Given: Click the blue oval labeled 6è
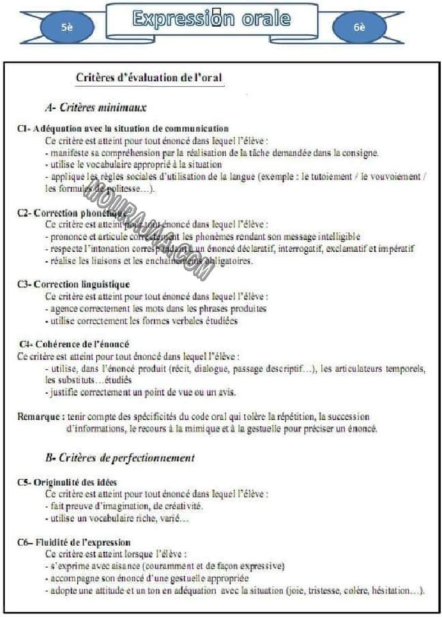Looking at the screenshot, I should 359,27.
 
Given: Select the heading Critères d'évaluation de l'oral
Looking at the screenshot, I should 150,78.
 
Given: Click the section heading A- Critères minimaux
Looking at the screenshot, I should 96,107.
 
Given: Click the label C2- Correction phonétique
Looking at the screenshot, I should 72,213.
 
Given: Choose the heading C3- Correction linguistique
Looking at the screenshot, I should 74,284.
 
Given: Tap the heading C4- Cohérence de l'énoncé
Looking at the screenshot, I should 74,344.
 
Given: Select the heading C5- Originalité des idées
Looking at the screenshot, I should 68,482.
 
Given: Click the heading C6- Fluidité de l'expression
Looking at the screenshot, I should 74,542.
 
